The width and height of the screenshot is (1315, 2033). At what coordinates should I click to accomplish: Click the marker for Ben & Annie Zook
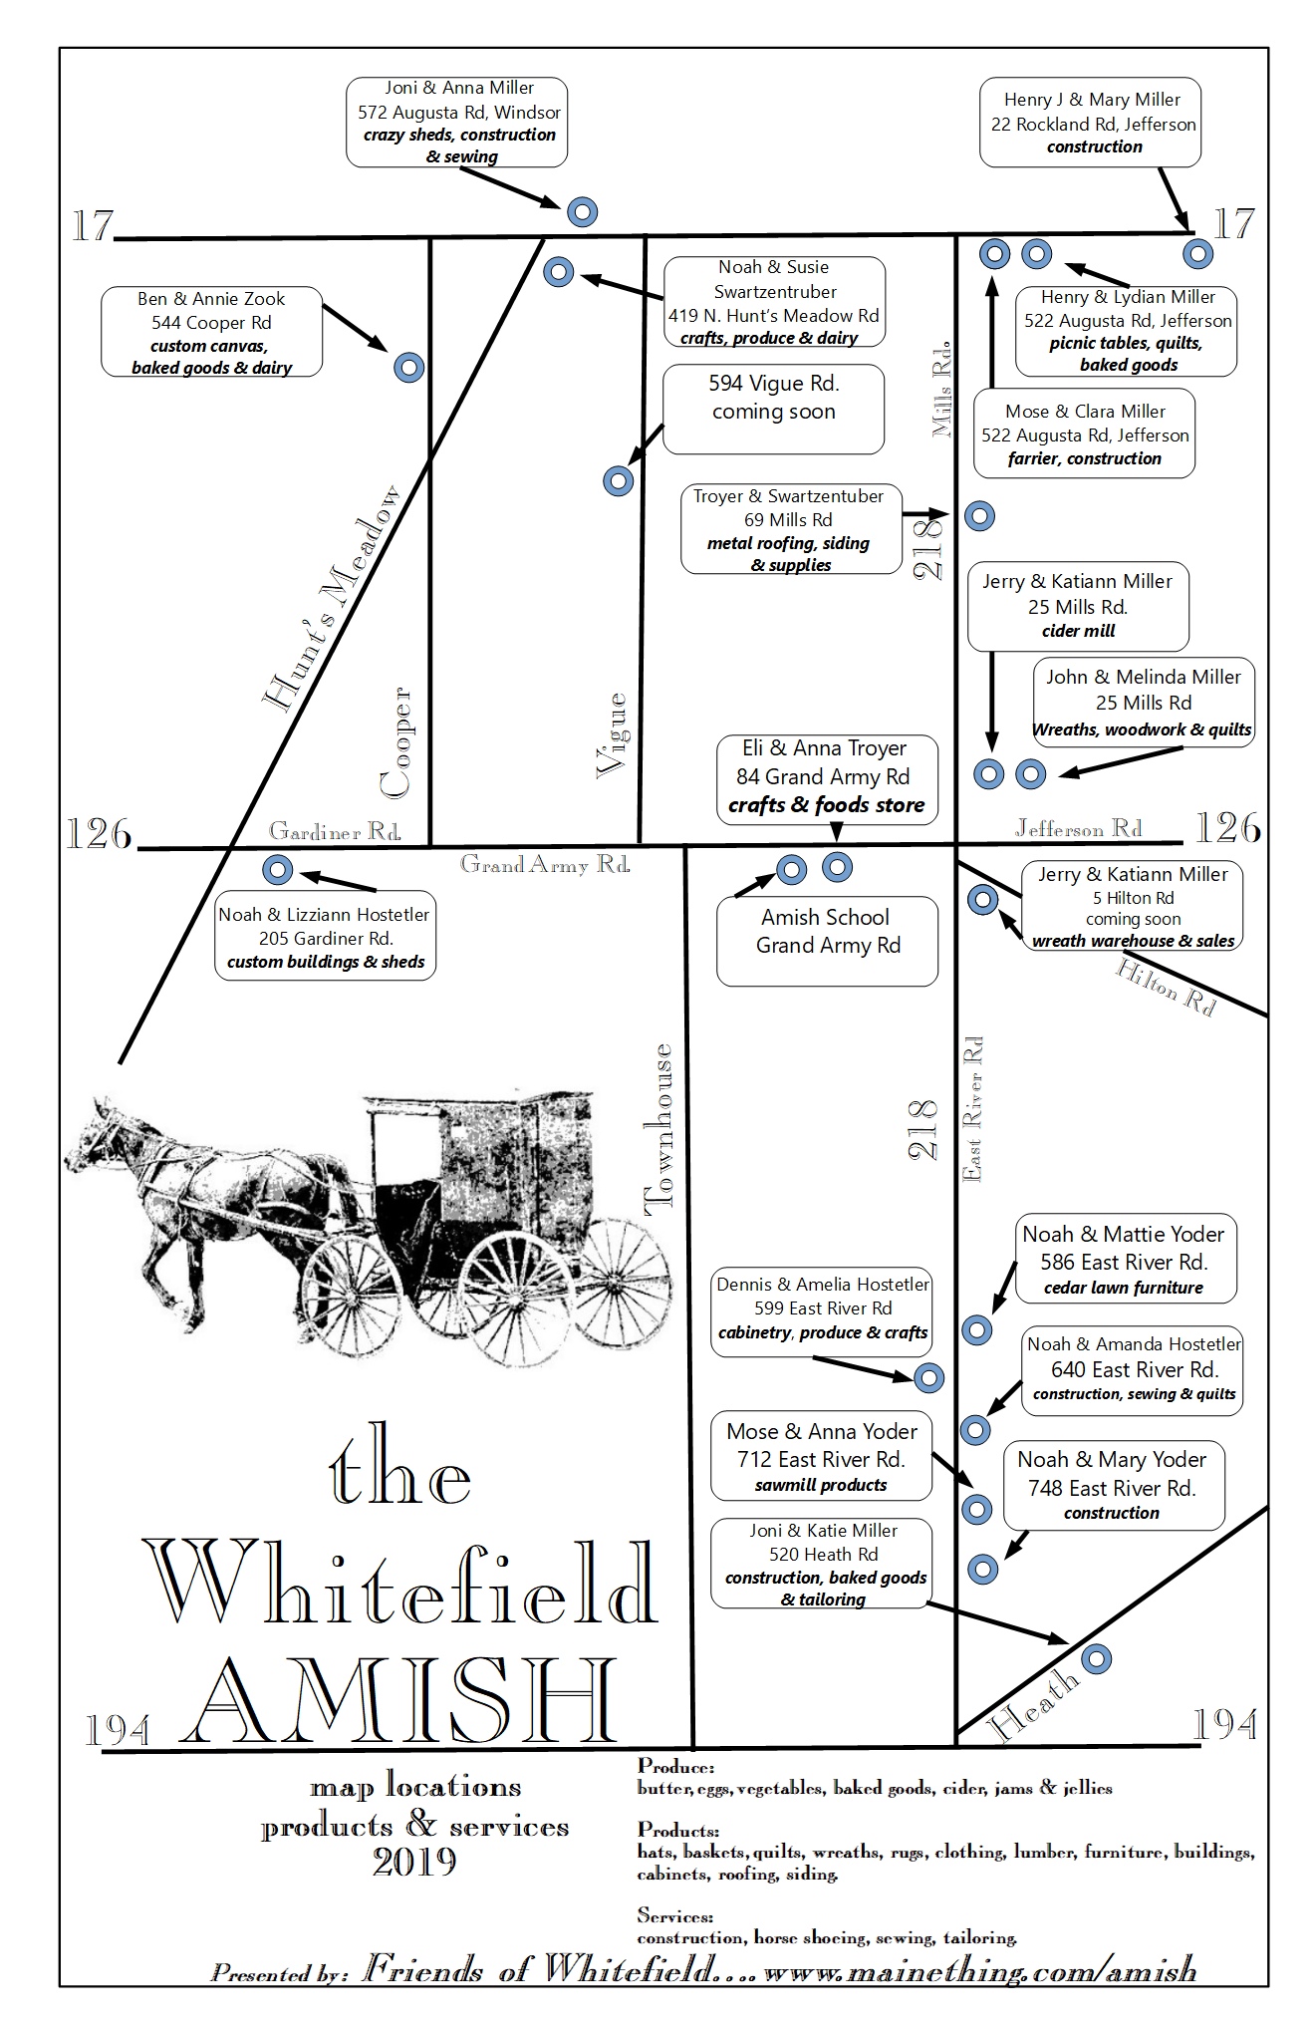pos(408,367)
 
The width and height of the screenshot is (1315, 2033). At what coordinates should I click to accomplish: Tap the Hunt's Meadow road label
pos(332,599)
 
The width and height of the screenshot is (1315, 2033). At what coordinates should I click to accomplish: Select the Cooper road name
pos(395,741)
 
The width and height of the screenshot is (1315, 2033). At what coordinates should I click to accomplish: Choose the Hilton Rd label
pos(1167,987)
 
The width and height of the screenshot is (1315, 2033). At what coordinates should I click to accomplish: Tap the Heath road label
pos(1034,1705)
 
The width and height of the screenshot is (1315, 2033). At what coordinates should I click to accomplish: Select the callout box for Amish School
pos(827,941)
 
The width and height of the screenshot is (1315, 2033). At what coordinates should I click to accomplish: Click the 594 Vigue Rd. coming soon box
pos(773,409)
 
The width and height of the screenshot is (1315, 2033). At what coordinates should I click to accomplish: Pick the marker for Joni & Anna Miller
pos(582,211)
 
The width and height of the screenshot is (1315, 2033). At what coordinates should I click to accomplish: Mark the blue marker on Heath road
pos(1096,1658)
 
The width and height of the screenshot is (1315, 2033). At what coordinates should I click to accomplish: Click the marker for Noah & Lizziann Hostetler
pos(277,869)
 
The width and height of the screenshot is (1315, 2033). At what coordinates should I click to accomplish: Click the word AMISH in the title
pos(404,1702)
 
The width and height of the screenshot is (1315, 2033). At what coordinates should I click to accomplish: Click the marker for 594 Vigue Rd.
pos(619,481)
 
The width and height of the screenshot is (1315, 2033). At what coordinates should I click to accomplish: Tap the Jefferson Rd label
pos(1078,828)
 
